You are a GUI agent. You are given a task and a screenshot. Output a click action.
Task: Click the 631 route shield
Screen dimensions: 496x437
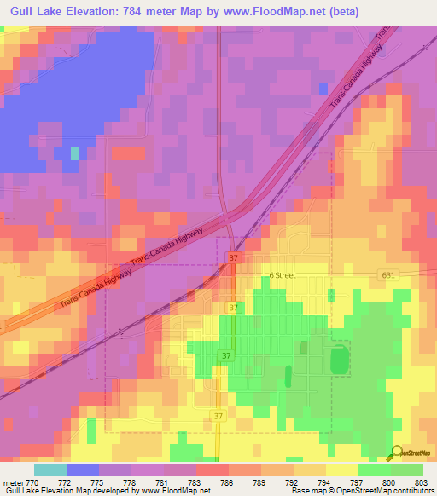pos(389,274)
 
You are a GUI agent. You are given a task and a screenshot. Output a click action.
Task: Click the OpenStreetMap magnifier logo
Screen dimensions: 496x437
pos(395,453)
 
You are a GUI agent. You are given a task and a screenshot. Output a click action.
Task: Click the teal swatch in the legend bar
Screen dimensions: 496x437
pos(50,470)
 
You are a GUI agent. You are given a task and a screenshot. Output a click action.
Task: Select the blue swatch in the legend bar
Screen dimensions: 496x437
pos(83,470)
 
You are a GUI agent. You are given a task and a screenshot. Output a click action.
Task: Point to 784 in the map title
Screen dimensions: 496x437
pos(143,11)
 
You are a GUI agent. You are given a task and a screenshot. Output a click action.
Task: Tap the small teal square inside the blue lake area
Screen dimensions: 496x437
pos(74,153)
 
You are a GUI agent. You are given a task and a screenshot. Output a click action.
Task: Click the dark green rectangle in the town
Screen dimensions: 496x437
pos(341,359)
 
